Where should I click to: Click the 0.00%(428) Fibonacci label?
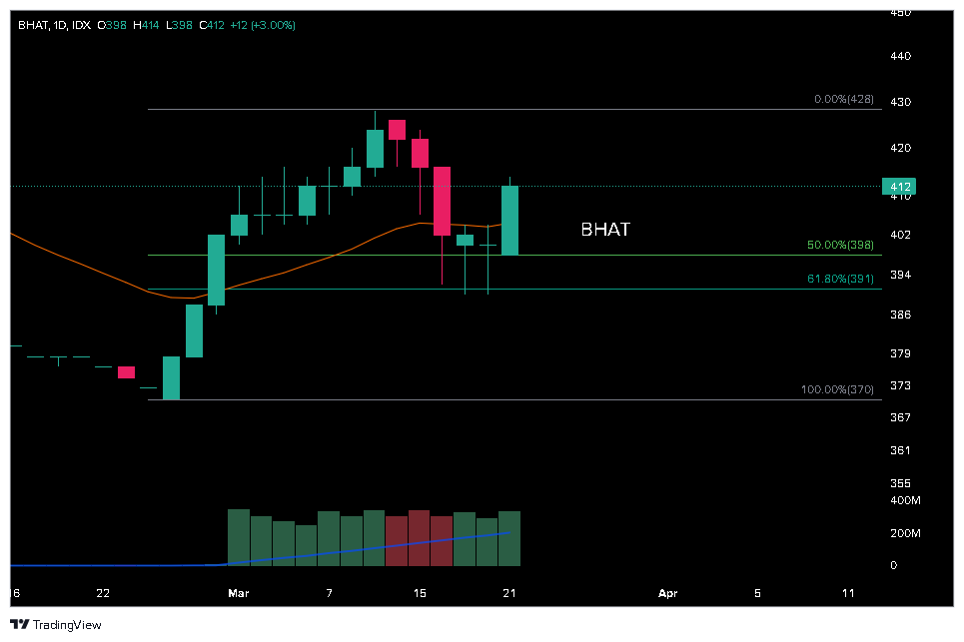(844, 100)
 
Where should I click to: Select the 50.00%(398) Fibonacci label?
(840, 245)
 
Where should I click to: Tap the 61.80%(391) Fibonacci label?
(840, 280)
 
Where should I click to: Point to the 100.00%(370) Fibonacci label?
(838, 389)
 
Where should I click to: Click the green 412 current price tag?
(899, 187)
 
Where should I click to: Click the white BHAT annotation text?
(605, 230)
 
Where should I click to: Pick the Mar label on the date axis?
(239, 593)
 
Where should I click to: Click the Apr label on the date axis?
(668, 593)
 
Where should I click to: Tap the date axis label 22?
(103, 593)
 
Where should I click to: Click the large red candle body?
(442, 201)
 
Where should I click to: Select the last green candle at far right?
(510, 220)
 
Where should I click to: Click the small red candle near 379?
(126, 372)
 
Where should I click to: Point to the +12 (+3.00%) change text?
(263, 25)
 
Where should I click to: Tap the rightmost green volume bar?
(510, 538)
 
